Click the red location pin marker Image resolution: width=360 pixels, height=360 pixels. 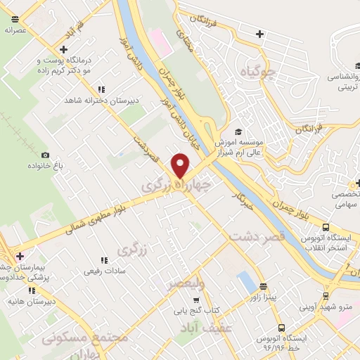pos(181,167)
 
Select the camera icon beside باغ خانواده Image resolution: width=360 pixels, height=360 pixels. pos(46,155)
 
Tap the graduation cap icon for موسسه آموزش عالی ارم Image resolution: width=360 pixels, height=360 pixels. pos(238,131)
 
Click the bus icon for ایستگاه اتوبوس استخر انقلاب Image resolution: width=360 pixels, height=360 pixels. pos(326,227)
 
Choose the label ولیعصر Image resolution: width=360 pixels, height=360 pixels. pos(186,283)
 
